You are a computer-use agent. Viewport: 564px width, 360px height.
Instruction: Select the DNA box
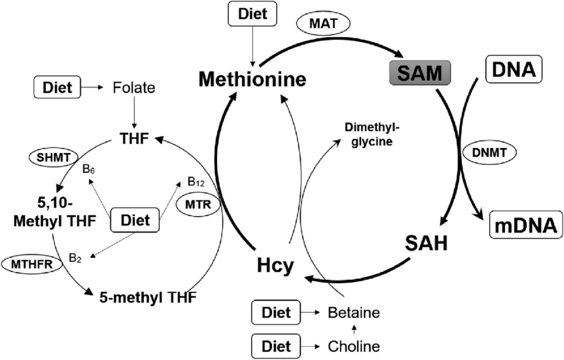[x=514, y=69]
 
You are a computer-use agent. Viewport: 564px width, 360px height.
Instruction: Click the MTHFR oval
[x=29, y=263]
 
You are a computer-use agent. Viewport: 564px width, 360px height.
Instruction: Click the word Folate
[x=135, y=87]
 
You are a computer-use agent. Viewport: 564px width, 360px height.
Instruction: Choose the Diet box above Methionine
[x=251, y=15]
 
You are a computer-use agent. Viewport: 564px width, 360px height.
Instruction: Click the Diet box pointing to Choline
[x=275, y=345]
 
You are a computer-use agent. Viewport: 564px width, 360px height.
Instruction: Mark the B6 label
[x=90, y=169]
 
